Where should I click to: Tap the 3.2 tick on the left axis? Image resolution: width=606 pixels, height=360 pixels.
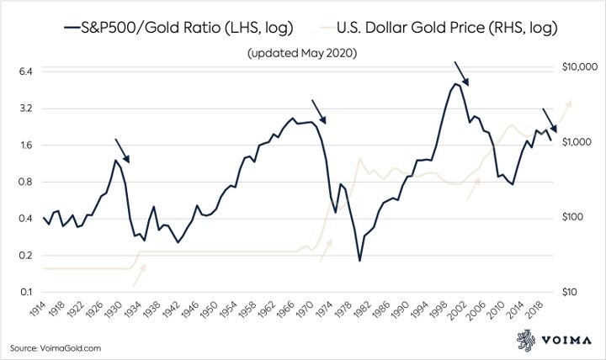click(23, 109)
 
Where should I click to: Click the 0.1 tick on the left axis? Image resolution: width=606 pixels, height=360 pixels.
click(23, 293)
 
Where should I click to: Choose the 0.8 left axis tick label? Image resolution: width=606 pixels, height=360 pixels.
click(23, 182)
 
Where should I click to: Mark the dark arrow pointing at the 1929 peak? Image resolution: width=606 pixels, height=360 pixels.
click(121, 150)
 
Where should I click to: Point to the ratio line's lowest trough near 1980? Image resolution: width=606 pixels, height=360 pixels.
click(359, 261)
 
